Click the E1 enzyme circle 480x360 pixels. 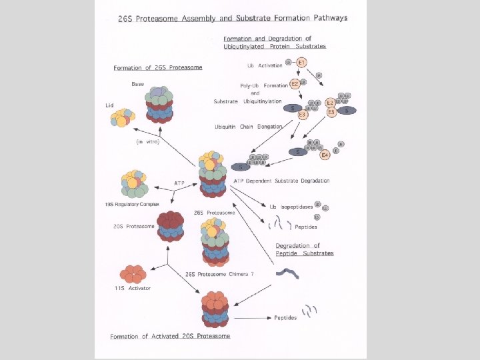point(301,63)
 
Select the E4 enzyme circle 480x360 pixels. point(325,155)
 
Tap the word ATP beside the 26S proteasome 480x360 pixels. point(179,183)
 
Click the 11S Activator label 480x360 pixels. point(133,288)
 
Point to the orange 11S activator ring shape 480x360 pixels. point(132,273)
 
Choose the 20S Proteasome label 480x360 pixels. point(134,226)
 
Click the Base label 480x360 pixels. point(137,84)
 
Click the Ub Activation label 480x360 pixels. point(265,65)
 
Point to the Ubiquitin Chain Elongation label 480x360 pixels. point(248,127)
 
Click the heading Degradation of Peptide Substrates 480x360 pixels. point(304,249)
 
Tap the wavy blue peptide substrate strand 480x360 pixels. point(289,273)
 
